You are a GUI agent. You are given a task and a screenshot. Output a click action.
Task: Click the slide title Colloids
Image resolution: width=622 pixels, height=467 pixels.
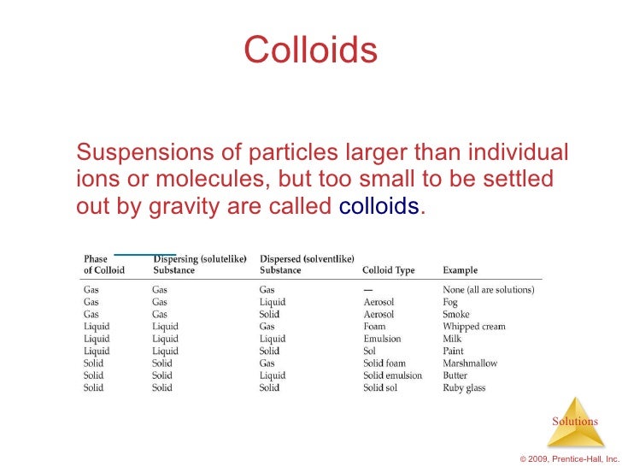click(x=310, y=50)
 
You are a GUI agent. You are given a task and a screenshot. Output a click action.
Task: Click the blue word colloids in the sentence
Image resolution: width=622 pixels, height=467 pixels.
click(x=379, y=207)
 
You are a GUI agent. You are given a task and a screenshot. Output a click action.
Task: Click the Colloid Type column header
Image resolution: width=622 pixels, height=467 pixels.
click(x=388, y=270)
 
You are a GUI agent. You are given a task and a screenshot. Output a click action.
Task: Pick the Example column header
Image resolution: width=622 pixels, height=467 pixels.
click(x=460, y=270)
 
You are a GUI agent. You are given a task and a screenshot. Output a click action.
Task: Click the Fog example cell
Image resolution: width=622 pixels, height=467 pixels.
click(x=450, y=302)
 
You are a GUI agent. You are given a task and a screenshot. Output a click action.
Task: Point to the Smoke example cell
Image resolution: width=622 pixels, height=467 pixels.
click(x=455, y=314)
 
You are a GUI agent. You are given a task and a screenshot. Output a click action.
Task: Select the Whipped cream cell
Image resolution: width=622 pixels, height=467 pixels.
click(x=473, y=326)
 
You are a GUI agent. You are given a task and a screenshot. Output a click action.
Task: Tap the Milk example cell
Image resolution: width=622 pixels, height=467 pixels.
click(x=452, y=339)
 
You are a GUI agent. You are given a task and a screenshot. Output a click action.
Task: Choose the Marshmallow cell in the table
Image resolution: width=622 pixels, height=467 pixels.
click(x=470, y=364)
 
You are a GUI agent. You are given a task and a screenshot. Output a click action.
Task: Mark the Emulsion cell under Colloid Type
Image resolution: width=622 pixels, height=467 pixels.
click(x=382, y=339)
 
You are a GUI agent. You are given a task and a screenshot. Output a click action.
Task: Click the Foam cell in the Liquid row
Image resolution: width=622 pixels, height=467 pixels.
click(x=374, y=326)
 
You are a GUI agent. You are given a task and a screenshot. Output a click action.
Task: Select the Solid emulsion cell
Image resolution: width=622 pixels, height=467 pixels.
click(x=392, y=375)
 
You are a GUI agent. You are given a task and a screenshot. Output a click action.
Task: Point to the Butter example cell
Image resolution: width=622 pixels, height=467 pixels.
click(x=455, y=375)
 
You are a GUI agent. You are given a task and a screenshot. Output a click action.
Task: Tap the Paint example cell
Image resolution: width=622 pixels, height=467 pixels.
click(x=454, y=351)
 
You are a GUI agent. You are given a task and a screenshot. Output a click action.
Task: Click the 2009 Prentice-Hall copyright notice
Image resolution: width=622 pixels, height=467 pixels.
click(x=569, y=459)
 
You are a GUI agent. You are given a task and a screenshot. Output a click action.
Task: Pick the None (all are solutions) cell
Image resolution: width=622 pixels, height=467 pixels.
click(x=488, y=290)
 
